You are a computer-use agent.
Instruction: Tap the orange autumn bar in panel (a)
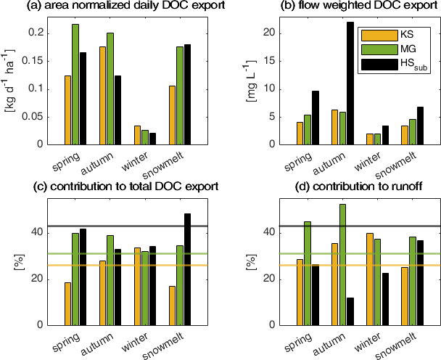click(102, 95)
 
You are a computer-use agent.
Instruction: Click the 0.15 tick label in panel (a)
click(33, 61)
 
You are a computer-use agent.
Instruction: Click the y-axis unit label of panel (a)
click(9, 79)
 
